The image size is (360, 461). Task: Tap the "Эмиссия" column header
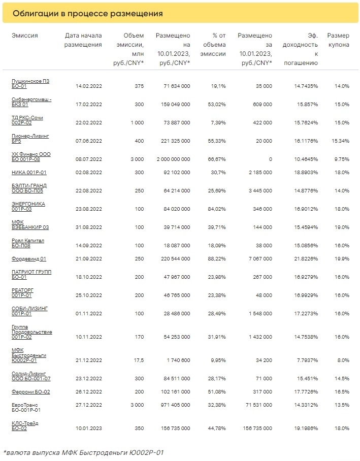[x=25, y=36]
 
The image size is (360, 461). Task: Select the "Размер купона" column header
[x=338, y=40]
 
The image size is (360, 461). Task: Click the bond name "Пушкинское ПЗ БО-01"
[x=30, y=84]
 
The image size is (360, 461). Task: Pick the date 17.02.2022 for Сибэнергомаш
[x=89, y=105]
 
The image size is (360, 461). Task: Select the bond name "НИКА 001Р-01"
[x=29, y=173]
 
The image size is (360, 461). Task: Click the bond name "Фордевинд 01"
[x=29, y=259]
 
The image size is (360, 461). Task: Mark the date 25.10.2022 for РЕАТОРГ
[x=89, y=295]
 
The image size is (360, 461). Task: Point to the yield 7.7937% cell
[x=305, y=359]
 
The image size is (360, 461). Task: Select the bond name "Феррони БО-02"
[x=30, y=392]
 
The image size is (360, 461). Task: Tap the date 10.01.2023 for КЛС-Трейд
[x=89, y=429]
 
